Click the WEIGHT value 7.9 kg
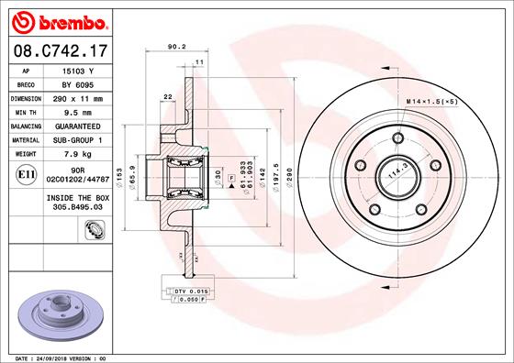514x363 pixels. click(x=79, y=153)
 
